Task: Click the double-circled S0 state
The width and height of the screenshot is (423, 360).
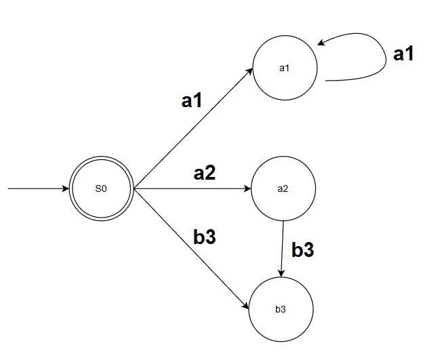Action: pos(101,188)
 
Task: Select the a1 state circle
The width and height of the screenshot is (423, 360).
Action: pos(285,68)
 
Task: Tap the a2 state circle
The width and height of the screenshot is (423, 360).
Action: pos(283,188)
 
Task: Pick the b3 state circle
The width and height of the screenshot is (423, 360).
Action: pos(281,309)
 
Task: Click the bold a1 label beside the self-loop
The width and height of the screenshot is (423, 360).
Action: pos(403,55)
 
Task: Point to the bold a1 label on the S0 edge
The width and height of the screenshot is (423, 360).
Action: pos(192,101)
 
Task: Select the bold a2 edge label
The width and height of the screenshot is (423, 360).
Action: pos(204,173)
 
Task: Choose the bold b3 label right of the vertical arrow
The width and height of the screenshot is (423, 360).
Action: pos(302,249)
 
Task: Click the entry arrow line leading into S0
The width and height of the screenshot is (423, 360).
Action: pos(37,188)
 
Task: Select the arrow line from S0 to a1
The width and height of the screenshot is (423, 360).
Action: pos(193,128)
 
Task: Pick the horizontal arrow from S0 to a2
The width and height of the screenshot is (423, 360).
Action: pos(193,188)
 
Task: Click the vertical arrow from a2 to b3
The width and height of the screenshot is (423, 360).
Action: pos(283,247)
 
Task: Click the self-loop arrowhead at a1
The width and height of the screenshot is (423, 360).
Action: pos(321,44)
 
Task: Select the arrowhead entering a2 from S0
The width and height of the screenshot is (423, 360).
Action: pos(247,188)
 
